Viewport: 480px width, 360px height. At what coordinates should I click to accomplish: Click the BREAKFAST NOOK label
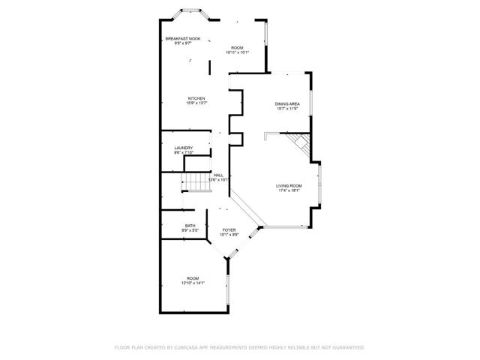183,38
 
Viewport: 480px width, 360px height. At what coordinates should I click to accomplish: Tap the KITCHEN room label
196,98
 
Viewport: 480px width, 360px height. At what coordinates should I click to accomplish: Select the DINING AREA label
287,103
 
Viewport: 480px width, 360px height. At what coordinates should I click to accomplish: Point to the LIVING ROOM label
289,185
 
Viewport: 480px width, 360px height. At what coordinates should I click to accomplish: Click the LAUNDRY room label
184,148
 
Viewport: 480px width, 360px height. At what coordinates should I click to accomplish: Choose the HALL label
218,175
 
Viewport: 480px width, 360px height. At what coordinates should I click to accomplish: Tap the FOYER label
229,230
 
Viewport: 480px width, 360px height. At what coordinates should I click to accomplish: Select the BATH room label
190,226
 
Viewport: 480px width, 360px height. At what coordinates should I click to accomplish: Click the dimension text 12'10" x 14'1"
193,283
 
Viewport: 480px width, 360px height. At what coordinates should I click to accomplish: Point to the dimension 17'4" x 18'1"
289,190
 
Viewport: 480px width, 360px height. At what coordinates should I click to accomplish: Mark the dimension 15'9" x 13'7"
196,103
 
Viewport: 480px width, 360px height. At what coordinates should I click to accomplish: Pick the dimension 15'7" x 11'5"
287,109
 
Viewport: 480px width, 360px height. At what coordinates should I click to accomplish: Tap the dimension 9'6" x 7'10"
184,152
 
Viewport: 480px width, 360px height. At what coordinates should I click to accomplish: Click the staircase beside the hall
195,181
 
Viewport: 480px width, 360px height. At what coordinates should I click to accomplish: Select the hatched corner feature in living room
298,143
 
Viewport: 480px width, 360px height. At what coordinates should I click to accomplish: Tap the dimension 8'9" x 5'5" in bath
190,231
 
